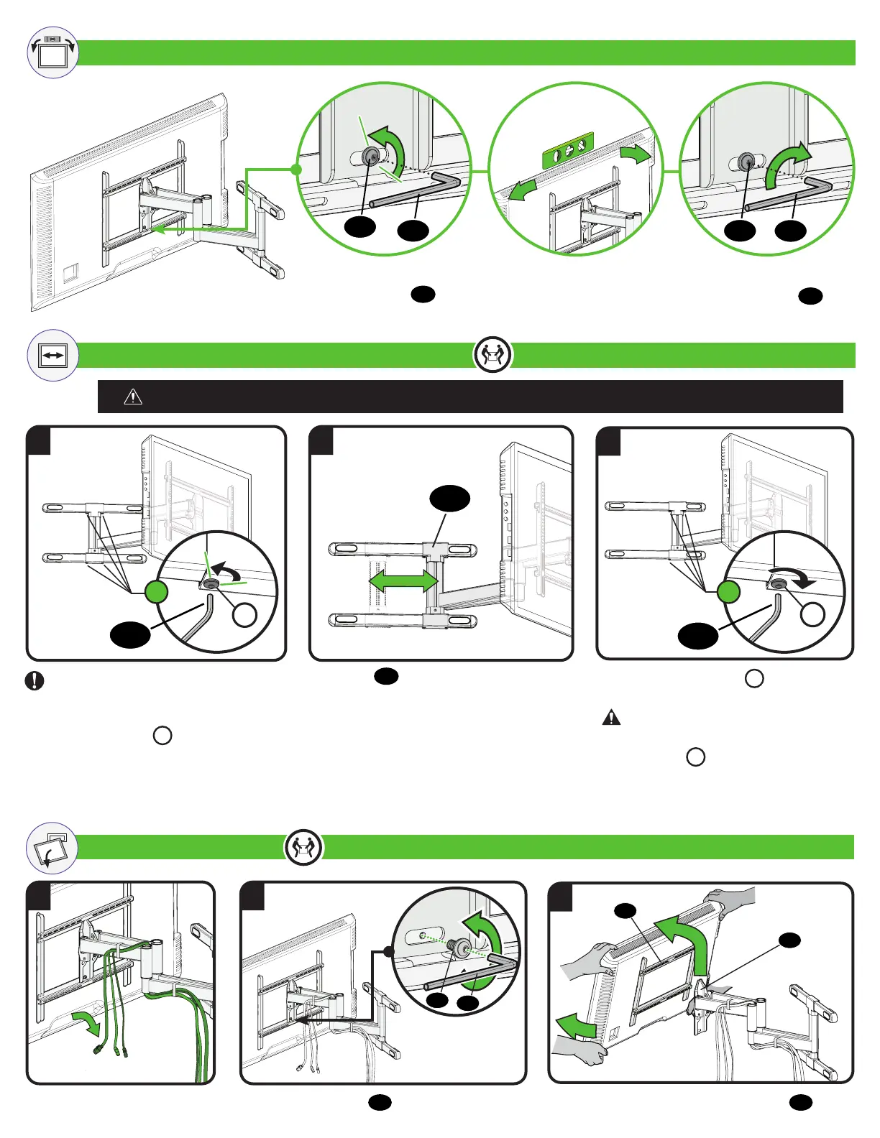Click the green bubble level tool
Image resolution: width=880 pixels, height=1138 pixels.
click(568, 152)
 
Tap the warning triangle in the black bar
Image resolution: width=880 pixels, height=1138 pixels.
click(133, 397)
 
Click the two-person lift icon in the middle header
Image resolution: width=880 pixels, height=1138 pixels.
click(492, 354)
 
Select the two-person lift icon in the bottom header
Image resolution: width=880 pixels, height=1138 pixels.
click(303, 848)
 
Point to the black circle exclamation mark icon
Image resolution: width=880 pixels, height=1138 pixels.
click(35, 680)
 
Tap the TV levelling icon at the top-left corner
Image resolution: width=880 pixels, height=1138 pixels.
click(52, 52)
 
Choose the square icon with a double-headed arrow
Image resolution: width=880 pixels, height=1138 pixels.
click(52, 355)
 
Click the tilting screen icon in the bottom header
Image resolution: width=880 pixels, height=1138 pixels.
click(52, 848)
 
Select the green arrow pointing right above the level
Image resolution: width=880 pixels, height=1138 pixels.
click(635, 153)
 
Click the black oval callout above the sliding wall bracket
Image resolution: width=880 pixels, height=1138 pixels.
click(449, 498)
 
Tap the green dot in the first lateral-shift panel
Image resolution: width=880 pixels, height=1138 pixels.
click(157, 592)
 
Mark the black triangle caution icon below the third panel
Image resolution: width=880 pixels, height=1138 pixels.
click(610, 717)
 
